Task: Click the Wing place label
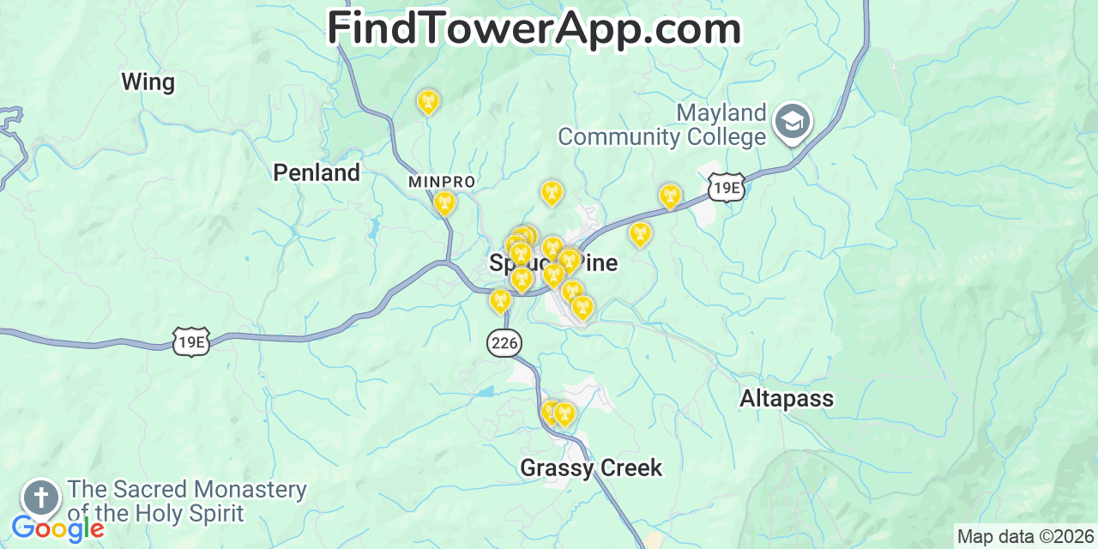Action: click(148, 82)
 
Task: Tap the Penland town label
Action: click(316, 172)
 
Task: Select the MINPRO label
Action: click(441, 182)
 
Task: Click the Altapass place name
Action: click(787, 399)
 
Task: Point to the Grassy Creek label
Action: click(591, 468)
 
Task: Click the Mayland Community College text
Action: click(661, 125)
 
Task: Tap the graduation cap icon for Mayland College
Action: click(793, 122)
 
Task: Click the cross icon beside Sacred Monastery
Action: click(41, 498)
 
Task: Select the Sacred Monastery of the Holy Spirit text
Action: click(187, 501)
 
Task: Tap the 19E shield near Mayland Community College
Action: click(726, 188)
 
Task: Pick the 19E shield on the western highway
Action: click(190, 341)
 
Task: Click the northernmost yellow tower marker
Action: click(427, 102)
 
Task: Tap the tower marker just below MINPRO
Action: click(444, 203)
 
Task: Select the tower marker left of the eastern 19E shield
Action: click(670, 196)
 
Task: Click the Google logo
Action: click(57, 528)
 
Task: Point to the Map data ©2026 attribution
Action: click(1025, 537)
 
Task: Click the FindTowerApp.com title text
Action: click(534, 28)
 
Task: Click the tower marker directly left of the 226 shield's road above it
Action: click(500, 300)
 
